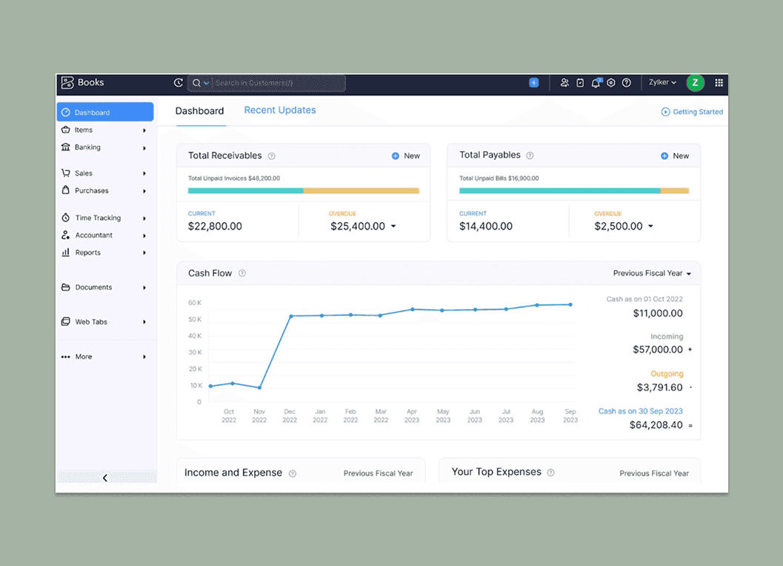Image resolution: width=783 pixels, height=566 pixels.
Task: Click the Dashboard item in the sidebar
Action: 104,113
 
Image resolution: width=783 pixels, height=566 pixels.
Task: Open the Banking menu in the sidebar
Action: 88,147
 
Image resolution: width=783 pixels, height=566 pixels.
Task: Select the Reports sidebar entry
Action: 88,253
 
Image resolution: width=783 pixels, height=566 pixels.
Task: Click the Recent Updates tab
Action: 280,110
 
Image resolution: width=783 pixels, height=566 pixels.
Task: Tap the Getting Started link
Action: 692,112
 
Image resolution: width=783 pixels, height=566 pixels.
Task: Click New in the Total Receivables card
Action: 406,156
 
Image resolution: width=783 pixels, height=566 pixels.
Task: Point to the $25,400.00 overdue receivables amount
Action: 358,227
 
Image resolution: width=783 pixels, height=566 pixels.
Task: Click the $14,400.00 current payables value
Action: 486,227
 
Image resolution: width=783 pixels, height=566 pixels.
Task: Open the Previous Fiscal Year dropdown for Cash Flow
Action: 652,273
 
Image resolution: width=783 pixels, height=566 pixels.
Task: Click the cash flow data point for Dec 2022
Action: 290,316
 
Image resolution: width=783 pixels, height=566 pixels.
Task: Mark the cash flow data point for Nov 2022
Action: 259,387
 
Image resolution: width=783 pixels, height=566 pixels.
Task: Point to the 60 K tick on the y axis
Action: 195,303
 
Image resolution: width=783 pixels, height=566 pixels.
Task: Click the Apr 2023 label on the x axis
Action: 412,416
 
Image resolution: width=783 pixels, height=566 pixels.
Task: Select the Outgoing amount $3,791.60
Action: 659,387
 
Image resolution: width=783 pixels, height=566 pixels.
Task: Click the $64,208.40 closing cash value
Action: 656,425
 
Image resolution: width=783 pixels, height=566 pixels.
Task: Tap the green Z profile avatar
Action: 695,83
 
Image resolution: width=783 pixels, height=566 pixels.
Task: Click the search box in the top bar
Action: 278,83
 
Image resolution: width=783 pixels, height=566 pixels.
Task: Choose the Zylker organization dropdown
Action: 662,83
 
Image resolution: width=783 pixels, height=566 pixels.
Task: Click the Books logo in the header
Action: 82,83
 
